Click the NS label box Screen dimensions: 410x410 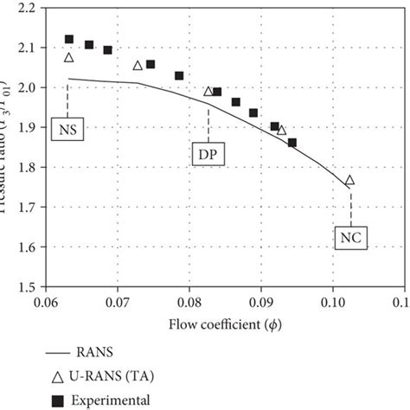click(x=68, y=130)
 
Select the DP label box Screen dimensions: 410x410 click(x=208, y=153)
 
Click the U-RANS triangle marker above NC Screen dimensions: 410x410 click(x=349, y=181)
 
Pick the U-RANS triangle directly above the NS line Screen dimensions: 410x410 click(x=69, y=58)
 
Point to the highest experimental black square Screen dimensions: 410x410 click(x=69, y=40)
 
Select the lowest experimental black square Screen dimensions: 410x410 click(x=291, y=143)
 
